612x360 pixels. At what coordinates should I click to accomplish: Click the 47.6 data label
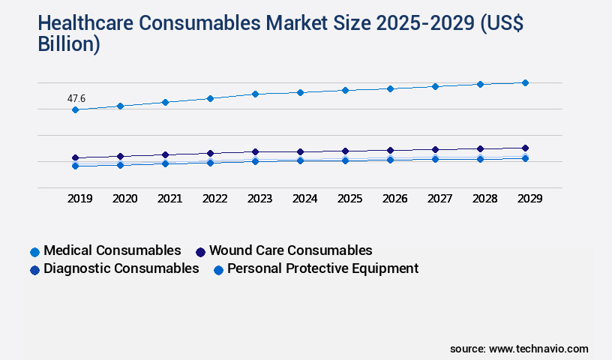coord(76,98)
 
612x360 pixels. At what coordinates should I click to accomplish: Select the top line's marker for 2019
coord(75,110)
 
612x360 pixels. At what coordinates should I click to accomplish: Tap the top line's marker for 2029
coord(525,82)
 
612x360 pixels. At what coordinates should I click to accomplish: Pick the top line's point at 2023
coord(255,94)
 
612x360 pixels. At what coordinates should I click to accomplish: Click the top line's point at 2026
coord(390,88)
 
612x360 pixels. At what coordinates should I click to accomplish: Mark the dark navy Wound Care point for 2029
coord(525,148)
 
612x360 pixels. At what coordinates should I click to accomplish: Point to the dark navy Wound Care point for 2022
coord(210,153)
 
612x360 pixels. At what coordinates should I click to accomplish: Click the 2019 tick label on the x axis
coord(79,199)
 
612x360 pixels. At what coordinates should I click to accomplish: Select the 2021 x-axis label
coord(169,199)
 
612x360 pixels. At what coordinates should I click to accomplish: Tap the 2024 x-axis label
coord(304,199)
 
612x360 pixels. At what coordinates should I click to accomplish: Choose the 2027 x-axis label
coord(439,199)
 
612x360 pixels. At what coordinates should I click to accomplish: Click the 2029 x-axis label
coord(529,199)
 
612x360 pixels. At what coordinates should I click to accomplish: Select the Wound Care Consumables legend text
coord(290,250)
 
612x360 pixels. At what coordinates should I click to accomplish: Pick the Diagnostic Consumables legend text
coord(121,268)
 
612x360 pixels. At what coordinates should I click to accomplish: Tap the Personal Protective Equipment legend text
coord(322,268)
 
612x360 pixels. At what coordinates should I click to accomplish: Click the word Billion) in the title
coord(68,43)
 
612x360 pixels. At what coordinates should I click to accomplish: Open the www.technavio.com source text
coord(538,349)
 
